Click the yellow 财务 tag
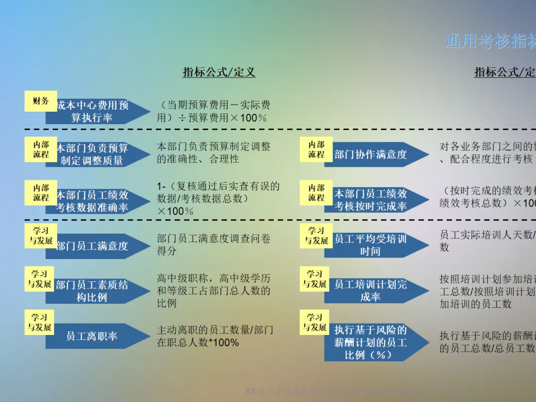tap(41, 101)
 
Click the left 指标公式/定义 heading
tap(219, 72)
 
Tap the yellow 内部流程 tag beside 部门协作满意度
tap(316, 149)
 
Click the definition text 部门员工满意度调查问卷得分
tap(213, 245)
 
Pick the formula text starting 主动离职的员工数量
tap(214, 336)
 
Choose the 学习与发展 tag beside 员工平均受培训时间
tap(316, 236)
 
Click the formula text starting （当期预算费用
tap(213, 111)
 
